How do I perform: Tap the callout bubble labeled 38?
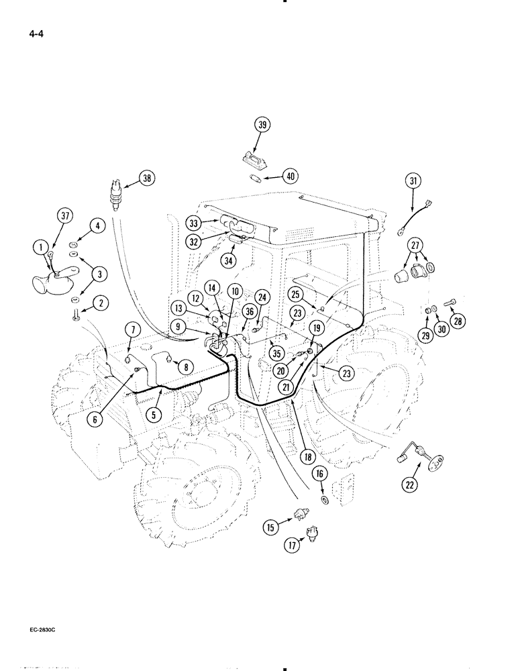[147, 178]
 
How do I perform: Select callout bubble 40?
[290, 177]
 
